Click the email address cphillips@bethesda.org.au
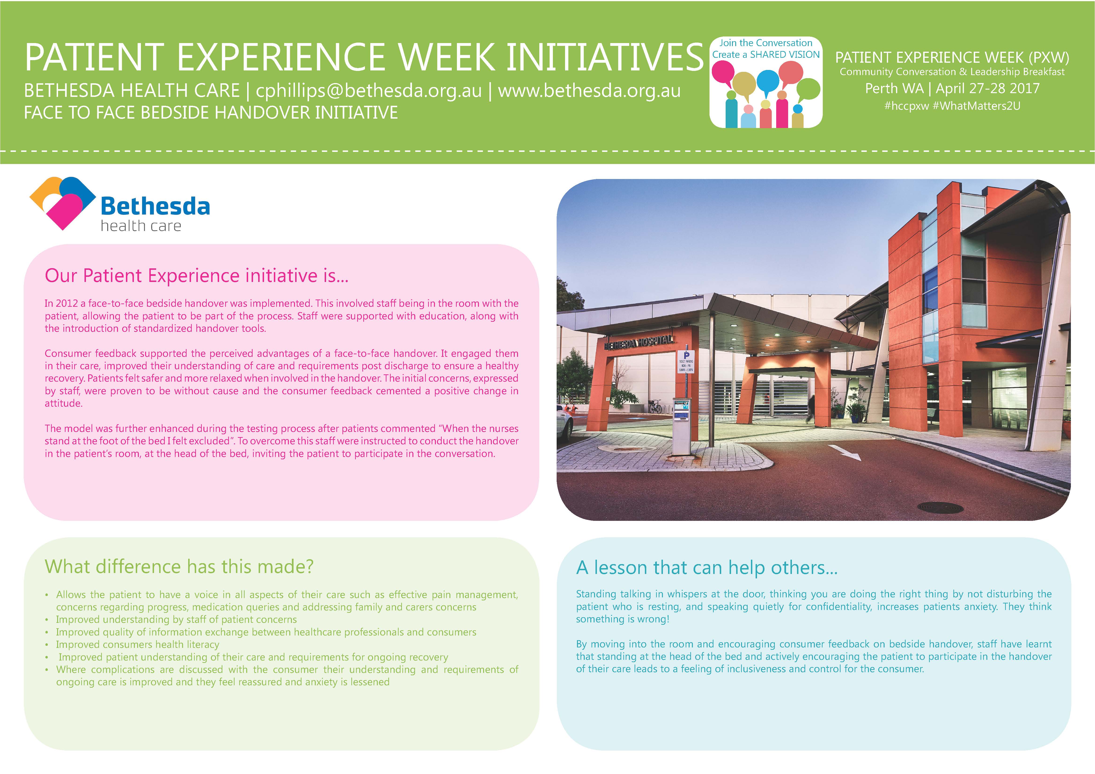369,91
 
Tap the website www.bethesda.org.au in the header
589,91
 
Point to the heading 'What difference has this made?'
179,567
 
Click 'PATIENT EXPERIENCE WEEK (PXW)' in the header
952,58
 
